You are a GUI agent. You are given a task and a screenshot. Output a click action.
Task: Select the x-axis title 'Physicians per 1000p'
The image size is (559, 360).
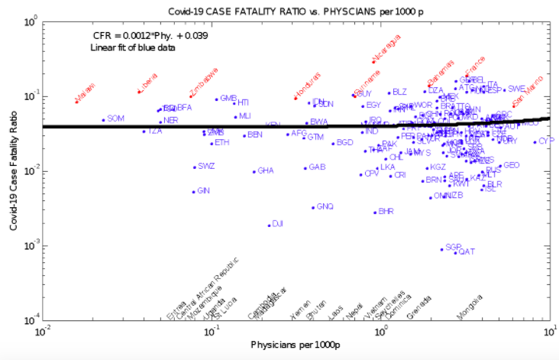tap(296, 345)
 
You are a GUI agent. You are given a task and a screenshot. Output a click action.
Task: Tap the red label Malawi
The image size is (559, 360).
tap(86, 91)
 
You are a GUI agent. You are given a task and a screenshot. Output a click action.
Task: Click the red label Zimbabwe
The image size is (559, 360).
tap(204, 81)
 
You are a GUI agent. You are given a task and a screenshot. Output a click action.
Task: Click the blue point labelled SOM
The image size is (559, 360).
tap(104, 120)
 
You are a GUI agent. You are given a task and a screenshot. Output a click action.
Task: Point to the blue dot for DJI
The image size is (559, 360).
tap(269, 225)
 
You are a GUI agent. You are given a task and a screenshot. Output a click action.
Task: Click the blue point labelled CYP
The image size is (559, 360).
tap(535, 141)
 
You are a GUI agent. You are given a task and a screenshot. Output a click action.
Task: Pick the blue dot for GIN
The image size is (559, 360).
tap(194, 192)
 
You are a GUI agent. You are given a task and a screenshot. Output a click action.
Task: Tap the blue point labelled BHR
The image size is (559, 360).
tap(375, 212)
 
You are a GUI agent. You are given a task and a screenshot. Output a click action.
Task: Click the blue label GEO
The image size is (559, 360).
tap(512, 165)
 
